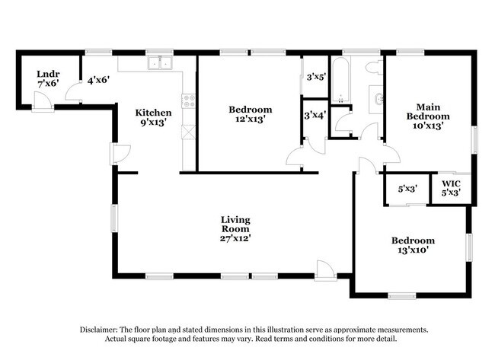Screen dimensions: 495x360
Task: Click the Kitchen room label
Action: (x=153, y=117)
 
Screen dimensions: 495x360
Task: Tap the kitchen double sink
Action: (x=160, y=62)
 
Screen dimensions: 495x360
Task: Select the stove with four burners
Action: (x=189, y=100)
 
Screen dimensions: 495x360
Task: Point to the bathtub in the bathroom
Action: (x=340, y=79)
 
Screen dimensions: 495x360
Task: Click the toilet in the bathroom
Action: (x=375, y=67)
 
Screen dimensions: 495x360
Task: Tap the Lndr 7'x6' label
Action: (x=48, y=79)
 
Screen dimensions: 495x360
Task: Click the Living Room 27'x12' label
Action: (x=235, y=229)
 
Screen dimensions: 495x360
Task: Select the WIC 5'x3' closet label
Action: (x=451, y=188)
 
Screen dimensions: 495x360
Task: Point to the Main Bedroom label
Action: (x=428, y=116)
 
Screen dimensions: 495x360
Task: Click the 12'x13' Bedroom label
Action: (x=251, y=114)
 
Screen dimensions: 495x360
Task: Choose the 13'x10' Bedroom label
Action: (x=413, y=245)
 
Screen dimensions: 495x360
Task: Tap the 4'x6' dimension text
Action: (x=98, y=80)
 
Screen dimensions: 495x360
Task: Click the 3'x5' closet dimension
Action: (x=316, y=77)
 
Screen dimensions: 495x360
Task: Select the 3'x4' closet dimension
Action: (x=315, y=116)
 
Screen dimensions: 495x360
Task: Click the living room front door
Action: (x=326, y=271)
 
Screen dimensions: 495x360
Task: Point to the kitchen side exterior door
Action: (x=120, y=154)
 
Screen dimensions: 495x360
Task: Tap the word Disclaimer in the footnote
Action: (x=98, y=330)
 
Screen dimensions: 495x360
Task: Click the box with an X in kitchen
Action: (x=189, y=132)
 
